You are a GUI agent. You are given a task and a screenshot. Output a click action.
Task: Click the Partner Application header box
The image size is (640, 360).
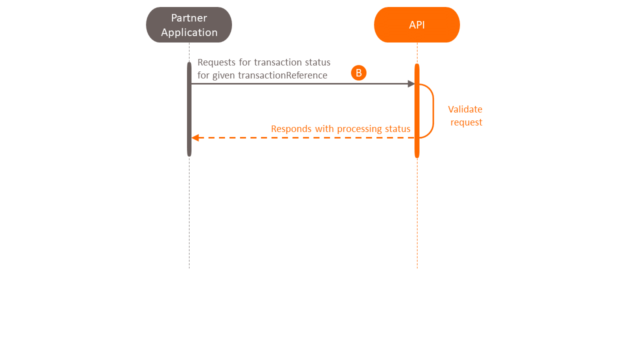point(189,25)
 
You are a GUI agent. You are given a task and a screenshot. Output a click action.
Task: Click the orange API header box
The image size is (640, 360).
point(416,25)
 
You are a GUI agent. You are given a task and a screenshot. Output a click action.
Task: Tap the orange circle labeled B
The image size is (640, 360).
point(358,73)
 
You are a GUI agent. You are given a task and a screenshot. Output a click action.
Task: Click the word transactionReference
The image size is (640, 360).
point(282,75)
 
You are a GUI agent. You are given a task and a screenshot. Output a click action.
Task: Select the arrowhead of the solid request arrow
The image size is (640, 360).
point(411,84)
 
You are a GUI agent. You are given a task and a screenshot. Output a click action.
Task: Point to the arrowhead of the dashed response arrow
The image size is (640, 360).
point(195,137)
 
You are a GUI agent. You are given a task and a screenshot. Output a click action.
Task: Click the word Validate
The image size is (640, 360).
point(465,109)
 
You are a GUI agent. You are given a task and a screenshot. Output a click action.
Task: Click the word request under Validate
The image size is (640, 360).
point(466,122)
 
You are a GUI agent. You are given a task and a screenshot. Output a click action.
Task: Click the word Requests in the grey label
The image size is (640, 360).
point(217,62)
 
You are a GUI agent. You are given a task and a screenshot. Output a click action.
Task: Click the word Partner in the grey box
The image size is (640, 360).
point(189,18)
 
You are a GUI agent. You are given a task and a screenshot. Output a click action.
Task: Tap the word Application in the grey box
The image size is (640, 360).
point(189,32)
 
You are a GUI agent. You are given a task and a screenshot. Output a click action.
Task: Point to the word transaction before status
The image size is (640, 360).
point(279,62)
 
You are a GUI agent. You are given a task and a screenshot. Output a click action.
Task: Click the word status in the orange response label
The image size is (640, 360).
point(397,129)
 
